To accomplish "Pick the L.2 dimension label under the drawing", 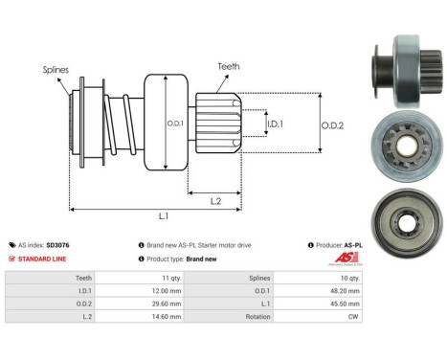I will [217, 200].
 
